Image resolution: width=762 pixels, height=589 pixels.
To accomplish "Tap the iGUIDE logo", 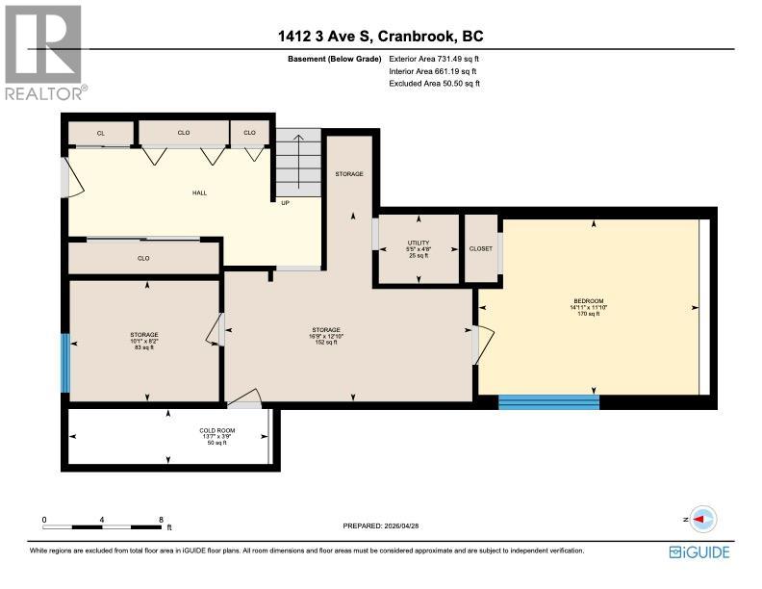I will coord(698,551).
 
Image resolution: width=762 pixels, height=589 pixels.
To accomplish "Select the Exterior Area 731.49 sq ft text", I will coord(433,60).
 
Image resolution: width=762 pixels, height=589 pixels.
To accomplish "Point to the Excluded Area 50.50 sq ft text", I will coord(434,84).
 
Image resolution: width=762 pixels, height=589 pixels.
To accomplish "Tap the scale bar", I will coord(103,525).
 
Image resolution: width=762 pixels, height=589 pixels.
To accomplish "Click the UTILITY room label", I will coord(418,243).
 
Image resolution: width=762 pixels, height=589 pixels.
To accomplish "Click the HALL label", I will coord(199,192).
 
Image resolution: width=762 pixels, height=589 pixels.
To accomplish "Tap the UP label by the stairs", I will coord(285,202).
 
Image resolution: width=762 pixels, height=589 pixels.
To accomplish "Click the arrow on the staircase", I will coord(299,159).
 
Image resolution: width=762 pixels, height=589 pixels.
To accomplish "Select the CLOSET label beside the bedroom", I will coord(480,248).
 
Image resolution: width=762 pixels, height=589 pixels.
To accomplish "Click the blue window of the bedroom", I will coord(548,401).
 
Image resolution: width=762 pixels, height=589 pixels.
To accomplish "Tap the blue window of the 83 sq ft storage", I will coord(65,363).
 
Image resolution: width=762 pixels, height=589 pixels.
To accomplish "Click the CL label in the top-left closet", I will coord(100,133).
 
